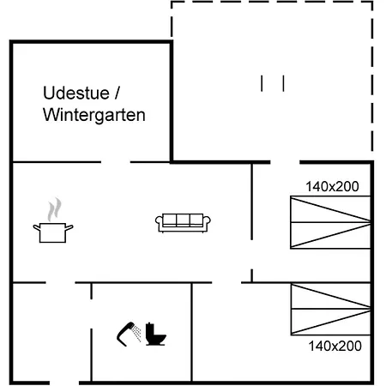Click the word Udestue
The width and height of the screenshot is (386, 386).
coord(76,93)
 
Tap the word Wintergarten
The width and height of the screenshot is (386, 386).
coord(94,115)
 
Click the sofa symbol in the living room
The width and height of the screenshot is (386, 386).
coord(183,223)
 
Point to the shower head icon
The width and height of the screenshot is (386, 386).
coord(126,334)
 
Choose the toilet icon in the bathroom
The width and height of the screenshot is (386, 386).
coord(156,335)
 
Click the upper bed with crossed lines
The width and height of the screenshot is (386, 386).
coord(330,222)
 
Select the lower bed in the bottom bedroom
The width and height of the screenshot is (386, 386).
coord(330,309)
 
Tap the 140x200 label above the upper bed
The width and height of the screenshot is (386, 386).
coord(332,186)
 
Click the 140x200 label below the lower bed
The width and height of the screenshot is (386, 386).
coord(335,346)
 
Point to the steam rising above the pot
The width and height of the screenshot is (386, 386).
coord(54,209)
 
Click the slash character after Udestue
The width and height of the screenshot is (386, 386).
coord(118,93)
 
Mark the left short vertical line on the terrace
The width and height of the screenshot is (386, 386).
coord(262,83)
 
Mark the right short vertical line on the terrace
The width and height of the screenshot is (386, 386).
coord(283,83)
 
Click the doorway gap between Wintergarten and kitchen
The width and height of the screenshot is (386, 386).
coord(116,162)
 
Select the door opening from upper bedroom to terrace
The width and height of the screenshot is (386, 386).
coord(285,162)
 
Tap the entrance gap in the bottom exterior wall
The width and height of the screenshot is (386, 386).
coord(64,383)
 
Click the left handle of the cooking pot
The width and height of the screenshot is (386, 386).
coord(37,227)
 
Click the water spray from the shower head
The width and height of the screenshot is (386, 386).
coord(137,334)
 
